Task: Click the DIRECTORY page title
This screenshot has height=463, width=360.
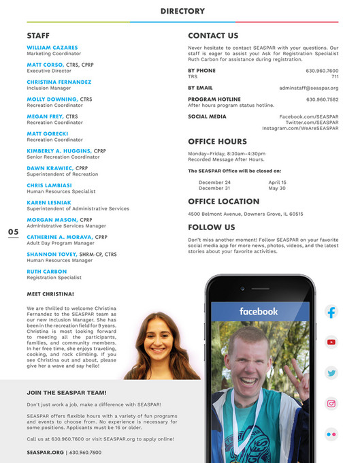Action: [182, 11]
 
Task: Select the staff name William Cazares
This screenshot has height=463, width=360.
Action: [52, 48]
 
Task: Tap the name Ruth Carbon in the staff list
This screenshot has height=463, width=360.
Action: [46, 271]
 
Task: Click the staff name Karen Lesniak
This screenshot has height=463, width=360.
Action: [48, 203]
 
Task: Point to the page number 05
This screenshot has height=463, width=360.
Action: [13, 232]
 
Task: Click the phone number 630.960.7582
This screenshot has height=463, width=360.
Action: [322, 99]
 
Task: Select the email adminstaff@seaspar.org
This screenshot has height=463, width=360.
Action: [308, 88]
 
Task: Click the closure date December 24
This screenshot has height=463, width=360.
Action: [214, 182]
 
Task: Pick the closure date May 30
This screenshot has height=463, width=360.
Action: [277, 188]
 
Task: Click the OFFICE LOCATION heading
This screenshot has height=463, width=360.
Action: [223, 202]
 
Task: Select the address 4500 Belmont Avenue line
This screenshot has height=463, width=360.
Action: [245, 214]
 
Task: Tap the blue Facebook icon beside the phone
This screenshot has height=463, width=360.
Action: [331, 313]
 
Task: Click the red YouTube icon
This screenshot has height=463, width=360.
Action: [331, 342]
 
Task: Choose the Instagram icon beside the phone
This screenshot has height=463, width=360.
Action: [331, 403]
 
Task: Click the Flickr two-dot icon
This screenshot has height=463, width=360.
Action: [331, 433]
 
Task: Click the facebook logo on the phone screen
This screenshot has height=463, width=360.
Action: [259, 311]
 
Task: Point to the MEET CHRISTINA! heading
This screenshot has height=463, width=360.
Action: [50, 294]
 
